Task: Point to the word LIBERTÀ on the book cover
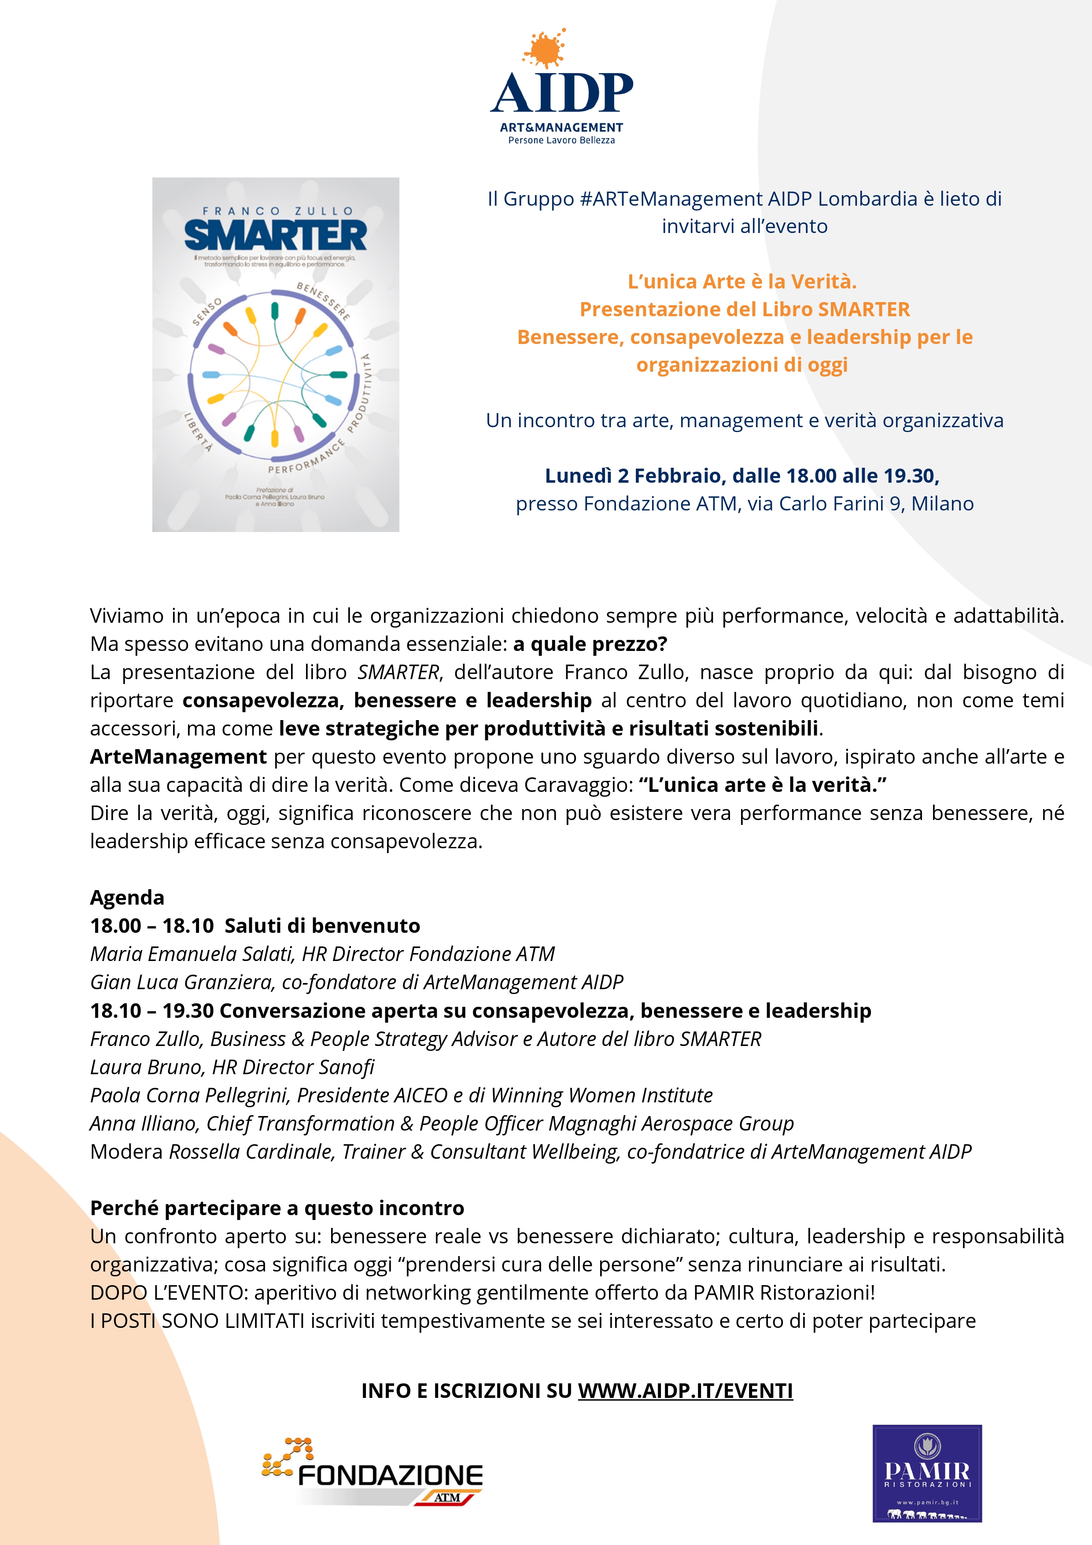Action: click(199, 431)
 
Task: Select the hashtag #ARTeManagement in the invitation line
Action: click(670, 199)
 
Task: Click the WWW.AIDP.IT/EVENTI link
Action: click(685, 1390)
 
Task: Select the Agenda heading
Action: click(127, 898)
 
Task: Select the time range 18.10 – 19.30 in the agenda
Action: click(152, 1011)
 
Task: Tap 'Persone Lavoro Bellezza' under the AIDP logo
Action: click(561, 140)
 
